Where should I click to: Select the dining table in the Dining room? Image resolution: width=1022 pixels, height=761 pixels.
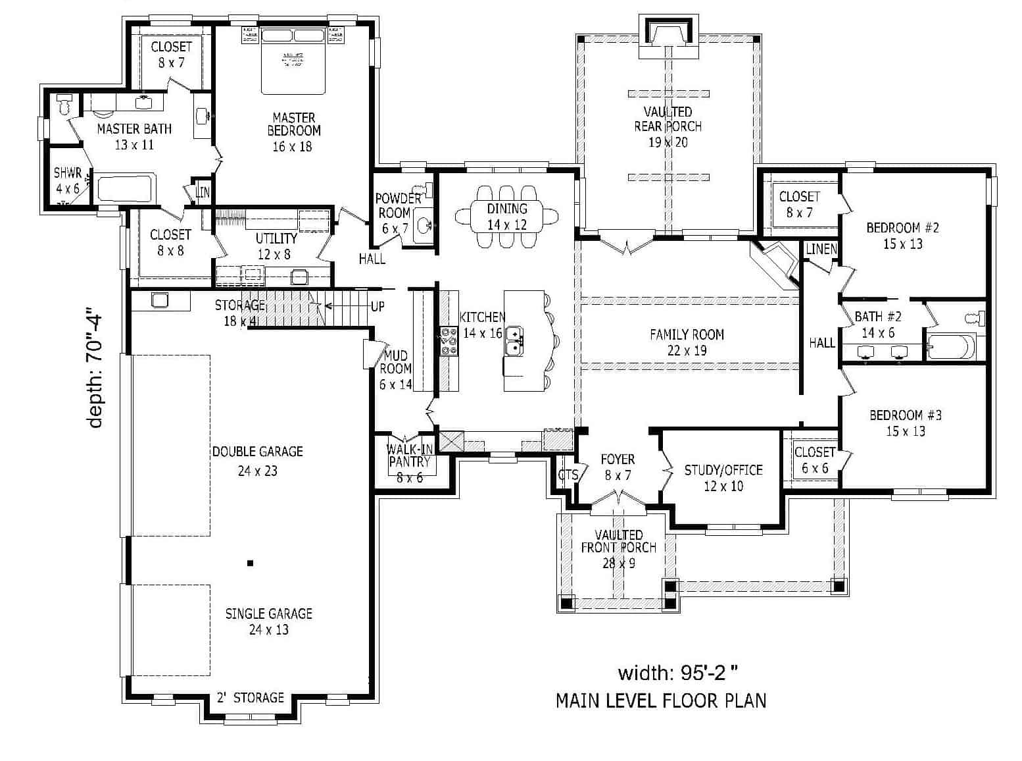click(507, 216)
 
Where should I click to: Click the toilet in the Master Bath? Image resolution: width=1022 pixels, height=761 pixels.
click(64, 105)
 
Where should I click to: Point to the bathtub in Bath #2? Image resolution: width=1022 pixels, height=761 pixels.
click(954, 345)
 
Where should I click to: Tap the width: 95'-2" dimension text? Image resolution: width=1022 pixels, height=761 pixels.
click(677, 672)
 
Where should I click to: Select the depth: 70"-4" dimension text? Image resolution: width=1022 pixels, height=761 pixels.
click(96, 371)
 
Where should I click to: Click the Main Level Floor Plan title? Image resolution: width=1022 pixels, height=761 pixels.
click(660, 700)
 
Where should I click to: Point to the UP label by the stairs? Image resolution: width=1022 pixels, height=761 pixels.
click(377, 306)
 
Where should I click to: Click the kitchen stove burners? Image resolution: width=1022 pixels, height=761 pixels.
click(449, 340)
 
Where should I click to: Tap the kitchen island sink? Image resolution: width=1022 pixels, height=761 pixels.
click(514, 338)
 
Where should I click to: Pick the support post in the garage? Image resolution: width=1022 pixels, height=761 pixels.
click(250, 563)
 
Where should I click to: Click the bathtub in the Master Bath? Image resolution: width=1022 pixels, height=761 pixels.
click(124, 189)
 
